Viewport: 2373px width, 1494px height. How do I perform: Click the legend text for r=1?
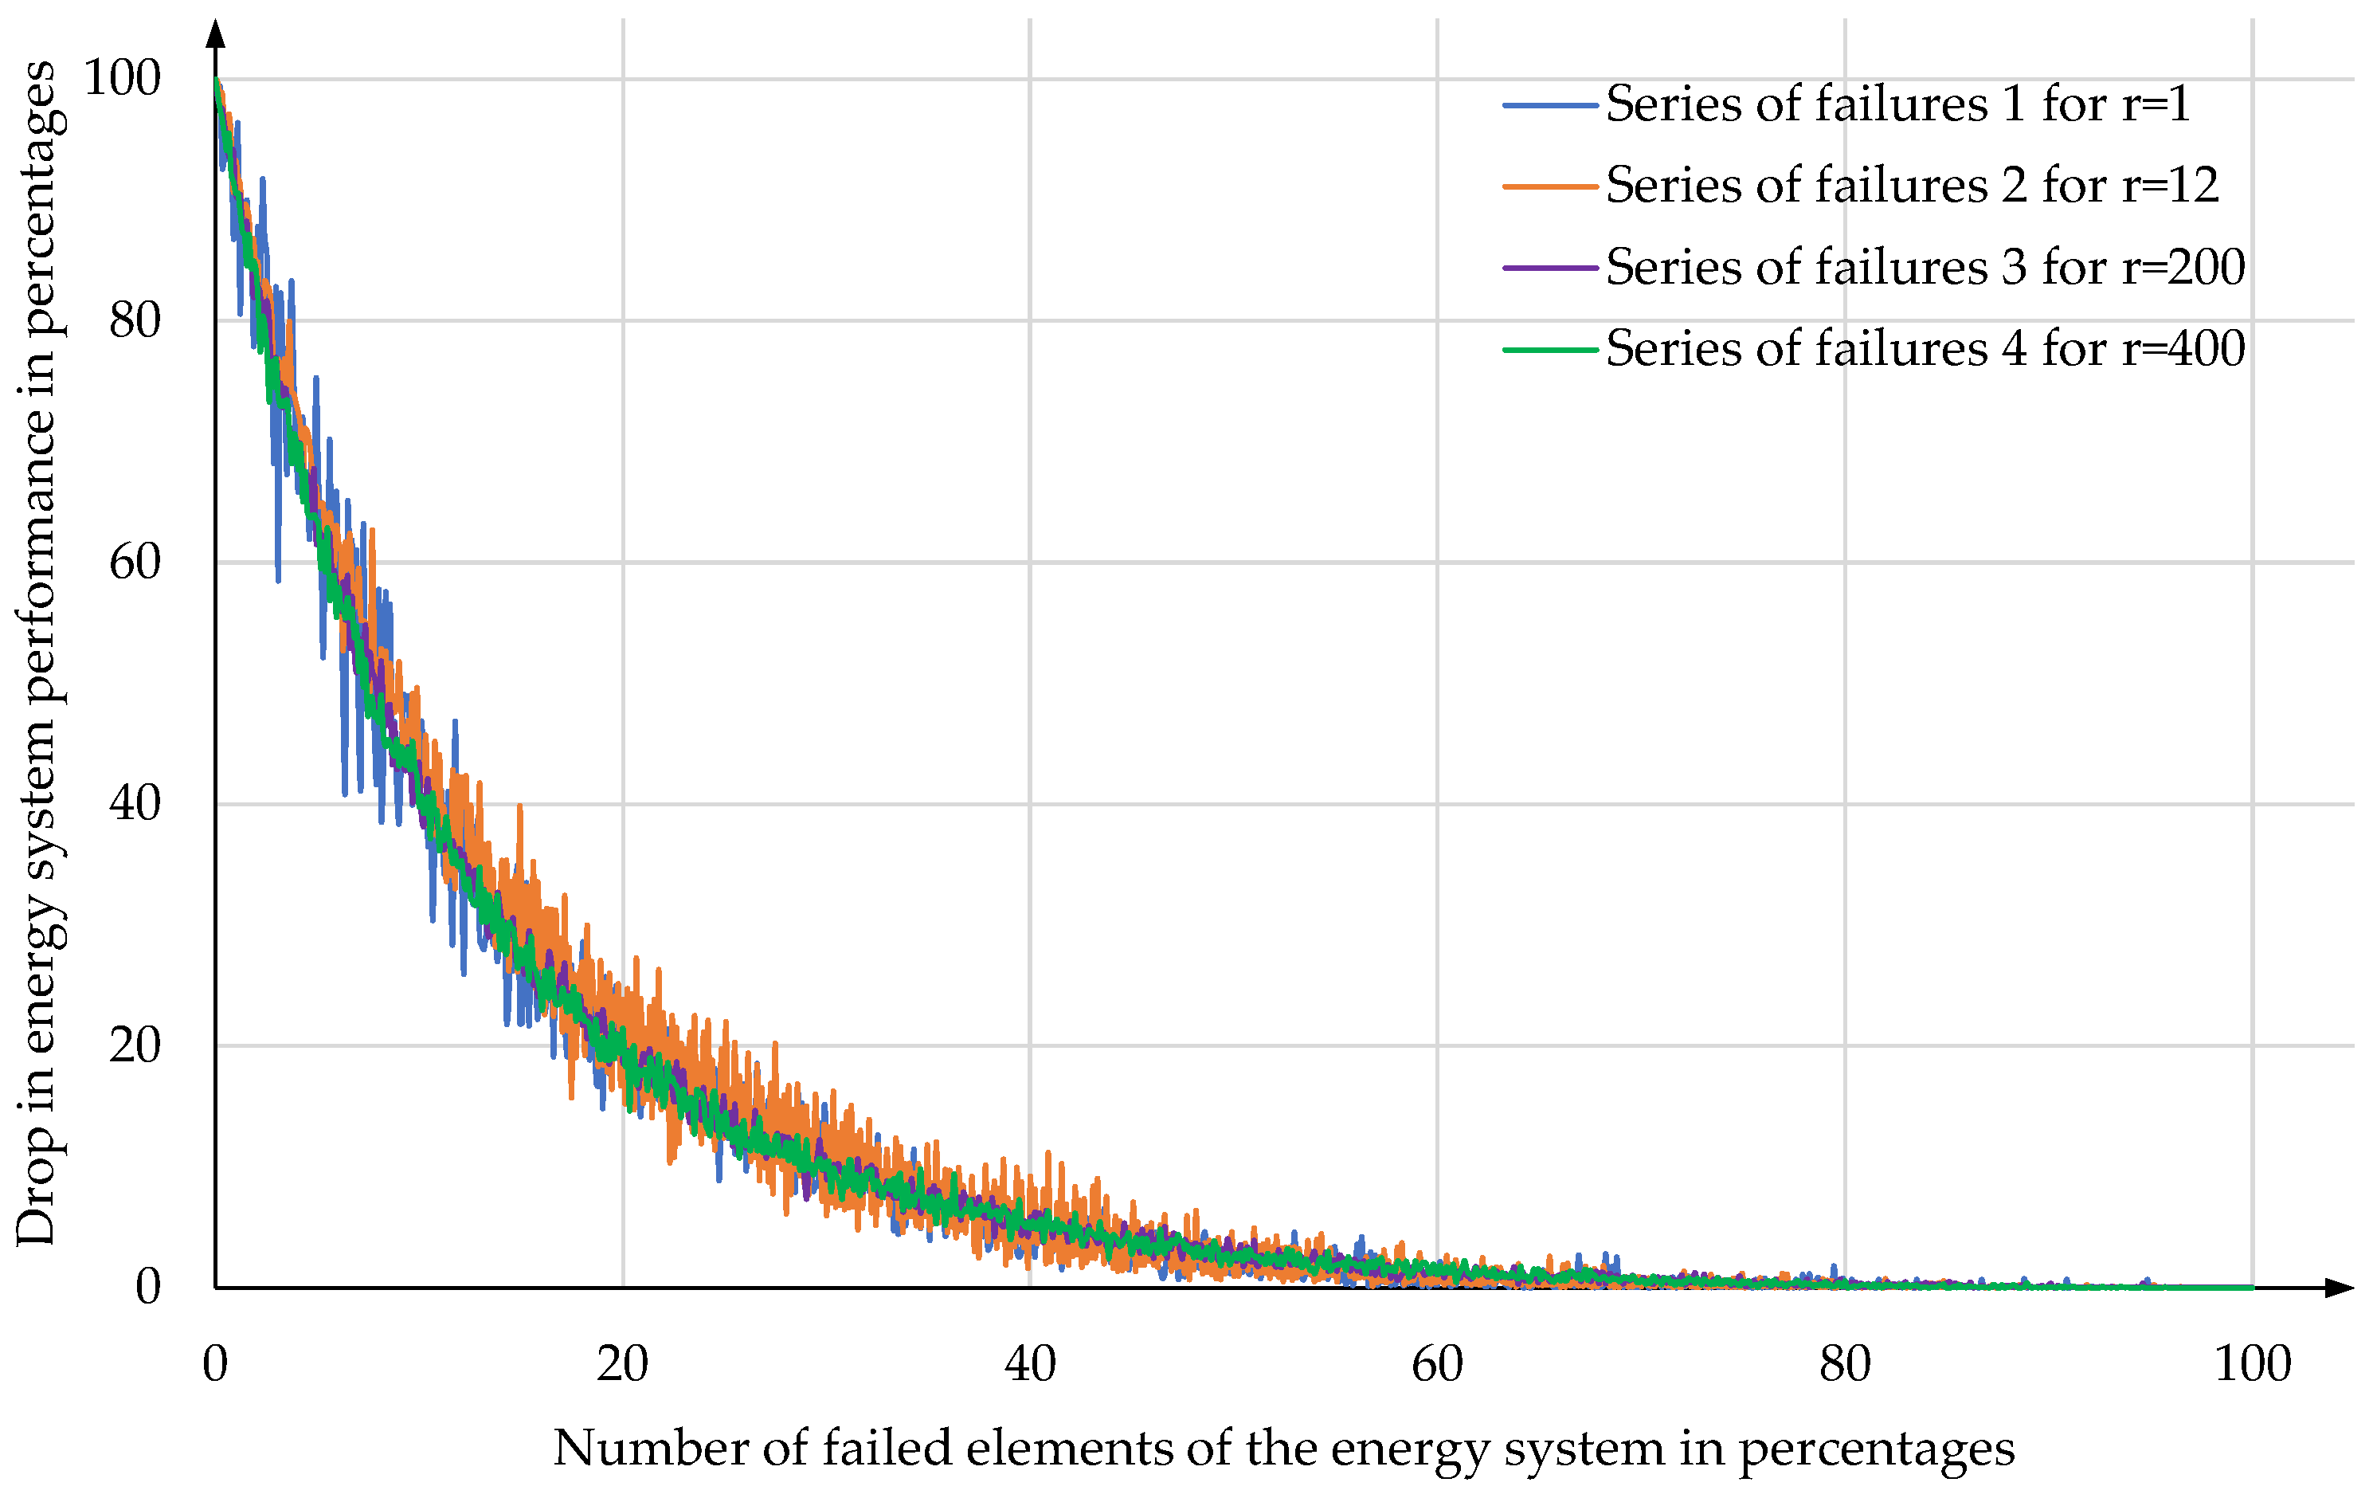1897,104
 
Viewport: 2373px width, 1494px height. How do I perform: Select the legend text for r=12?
1912,186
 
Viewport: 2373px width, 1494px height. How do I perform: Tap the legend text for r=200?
1925,268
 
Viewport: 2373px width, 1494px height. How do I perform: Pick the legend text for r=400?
1925,350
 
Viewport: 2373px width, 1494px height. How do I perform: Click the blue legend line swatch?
1549,105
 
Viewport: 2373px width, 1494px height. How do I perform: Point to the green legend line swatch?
1549,350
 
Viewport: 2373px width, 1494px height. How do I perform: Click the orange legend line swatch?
1549,186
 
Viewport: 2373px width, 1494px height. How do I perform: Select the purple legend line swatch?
1549,268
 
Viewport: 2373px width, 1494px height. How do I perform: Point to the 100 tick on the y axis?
122,79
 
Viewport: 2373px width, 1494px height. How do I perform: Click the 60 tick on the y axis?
135,563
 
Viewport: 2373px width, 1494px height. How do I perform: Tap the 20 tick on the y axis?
135,1045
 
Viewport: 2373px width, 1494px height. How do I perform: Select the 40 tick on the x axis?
1030,1365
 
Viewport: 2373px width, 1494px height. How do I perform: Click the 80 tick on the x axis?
1845,1365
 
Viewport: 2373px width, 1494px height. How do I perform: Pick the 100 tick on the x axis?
2252,1365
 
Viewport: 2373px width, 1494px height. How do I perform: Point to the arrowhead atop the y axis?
216,33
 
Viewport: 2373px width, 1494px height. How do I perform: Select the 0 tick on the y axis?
148,1287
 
